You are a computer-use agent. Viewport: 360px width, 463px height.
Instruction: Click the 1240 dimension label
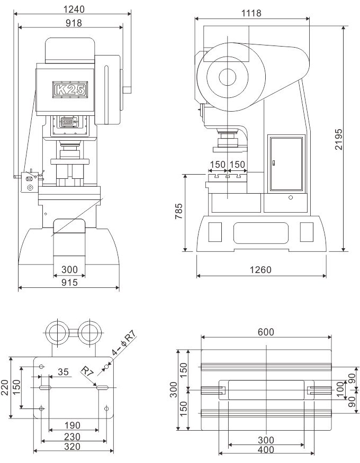tap(74, 10)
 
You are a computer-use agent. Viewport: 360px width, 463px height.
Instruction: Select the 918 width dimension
tap(74, 23)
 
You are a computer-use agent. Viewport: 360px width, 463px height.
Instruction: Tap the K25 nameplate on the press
tap(70, 89)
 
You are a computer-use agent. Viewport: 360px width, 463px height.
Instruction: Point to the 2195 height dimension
tap(339, 139)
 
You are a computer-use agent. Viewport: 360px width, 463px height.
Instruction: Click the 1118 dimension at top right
tap(251, 13)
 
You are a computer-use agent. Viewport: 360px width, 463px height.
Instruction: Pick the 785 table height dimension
tap(179, 211)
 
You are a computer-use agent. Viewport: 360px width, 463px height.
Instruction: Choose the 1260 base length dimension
tap(260, 269)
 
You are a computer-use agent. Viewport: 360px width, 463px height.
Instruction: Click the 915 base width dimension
tap(69, 283)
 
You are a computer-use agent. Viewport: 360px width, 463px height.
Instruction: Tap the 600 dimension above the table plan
tap(266, 332)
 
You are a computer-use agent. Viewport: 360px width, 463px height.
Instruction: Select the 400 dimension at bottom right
tap(266, 450)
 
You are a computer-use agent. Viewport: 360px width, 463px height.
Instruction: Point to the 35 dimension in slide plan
tap(63, 372)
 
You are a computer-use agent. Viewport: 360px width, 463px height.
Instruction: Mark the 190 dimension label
tap(73, 425)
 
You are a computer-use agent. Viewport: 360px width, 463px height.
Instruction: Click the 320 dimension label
tap(73, 447)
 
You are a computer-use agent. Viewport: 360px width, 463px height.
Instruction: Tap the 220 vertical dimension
tap(5, 388)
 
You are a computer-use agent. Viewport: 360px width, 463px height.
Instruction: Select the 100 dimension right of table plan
tap(340, 389)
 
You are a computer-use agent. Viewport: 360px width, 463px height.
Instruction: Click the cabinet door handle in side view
tap(274, 162)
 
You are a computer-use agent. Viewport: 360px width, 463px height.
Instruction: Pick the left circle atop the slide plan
tap(57, 332)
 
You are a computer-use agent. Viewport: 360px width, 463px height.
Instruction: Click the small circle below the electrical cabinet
tap(291, 197)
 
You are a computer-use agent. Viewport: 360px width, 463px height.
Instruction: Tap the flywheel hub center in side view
tap(228, 77)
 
